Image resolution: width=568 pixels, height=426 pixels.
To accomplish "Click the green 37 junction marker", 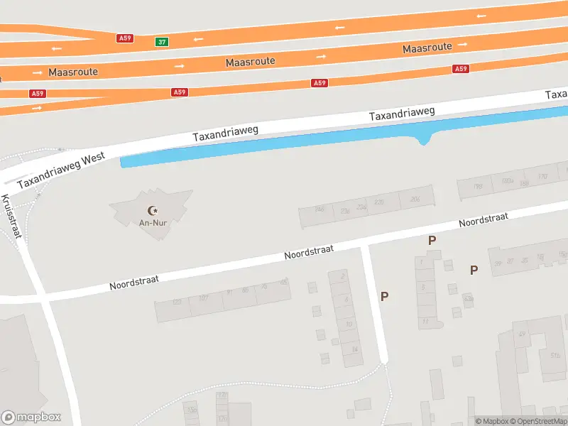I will pyautogui.click(x=163, y=42).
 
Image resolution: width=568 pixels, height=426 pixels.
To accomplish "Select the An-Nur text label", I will pyautogui.click(x=153, y=223).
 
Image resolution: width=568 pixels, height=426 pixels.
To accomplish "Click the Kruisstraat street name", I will pyautogui.click(x=12, y=216).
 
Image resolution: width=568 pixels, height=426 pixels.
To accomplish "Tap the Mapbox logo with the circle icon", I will pyautogui.click(x=31, y=417).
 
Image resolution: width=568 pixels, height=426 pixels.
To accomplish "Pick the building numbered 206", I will pyautogui.click(x=415, y=200).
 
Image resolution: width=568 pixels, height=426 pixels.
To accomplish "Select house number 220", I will pyautogui.click(x=378, y=203).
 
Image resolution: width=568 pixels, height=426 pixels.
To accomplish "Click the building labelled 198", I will pyautogui.click(x=477, y=187).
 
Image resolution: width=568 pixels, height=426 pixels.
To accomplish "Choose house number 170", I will pyautogui.click(x=542, y=177).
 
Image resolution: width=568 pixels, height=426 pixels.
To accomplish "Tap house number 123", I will pyautogui.click(x=177, y=303).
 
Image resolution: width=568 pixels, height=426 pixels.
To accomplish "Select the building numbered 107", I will pyautogui.click(x=204, y=297).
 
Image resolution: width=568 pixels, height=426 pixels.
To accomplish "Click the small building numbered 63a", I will pyautogui.click(x=469, y=299).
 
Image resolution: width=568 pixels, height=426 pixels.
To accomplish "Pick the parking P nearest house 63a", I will pyautogui.click(x=474, y=270).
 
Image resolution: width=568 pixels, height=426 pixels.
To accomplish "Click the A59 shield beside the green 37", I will pyautogui.click(x=126, y=38).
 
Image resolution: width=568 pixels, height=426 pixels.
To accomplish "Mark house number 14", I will pyautogui.click(x=354, y=349).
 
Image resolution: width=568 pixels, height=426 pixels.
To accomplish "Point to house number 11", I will pyautogui.click(x=425, y=322).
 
